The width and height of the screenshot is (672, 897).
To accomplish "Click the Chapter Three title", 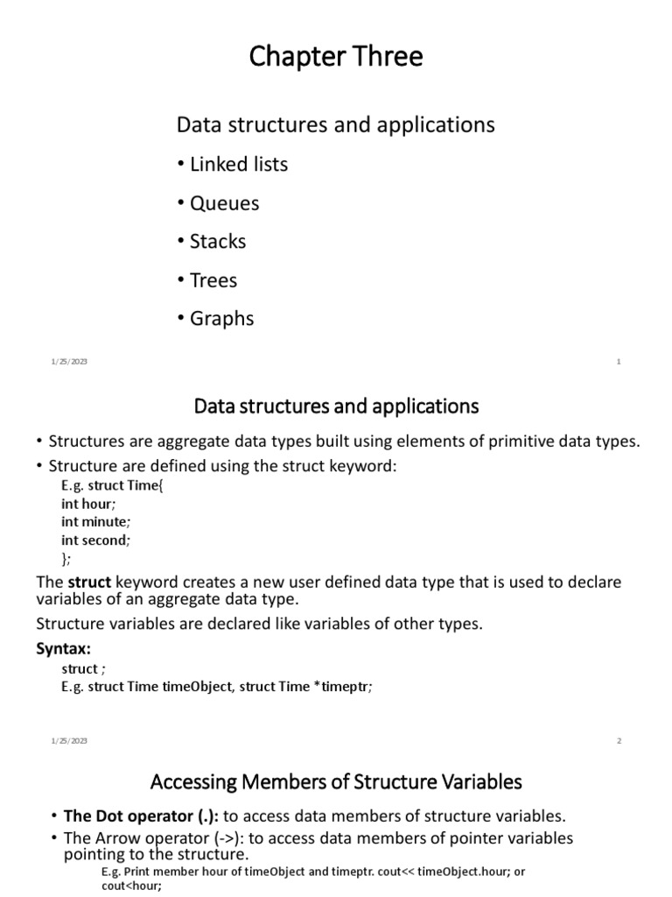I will point(336,57).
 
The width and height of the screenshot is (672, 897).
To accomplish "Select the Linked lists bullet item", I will point(238,165).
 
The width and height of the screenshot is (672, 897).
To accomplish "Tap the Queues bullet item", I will point(224,203).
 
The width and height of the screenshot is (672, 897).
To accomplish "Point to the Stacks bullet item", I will point(217,242).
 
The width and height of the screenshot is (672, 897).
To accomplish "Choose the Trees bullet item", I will point(213,280).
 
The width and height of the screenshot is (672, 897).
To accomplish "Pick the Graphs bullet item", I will point(221,319).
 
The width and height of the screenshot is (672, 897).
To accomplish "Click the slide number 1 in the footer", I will point(619,362).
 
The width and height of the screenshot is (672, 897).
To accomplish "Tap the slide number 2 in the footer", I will point(619,741).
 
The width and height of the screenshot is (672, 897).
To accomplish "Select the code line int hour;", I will point(88,504).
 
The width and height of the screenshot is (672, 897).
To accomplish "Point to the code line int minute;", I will point(95,522).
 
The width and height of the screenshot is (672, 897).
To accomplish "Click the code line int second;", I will point(95,540).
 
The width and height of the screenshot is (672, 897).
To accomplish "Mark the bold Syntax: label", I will point(63,649).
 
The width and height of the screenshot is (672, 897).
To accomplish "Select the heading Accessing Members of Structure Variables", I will point(336,781).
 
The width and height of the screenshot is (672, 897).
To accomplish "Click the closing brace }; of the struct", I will point(67,559).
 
